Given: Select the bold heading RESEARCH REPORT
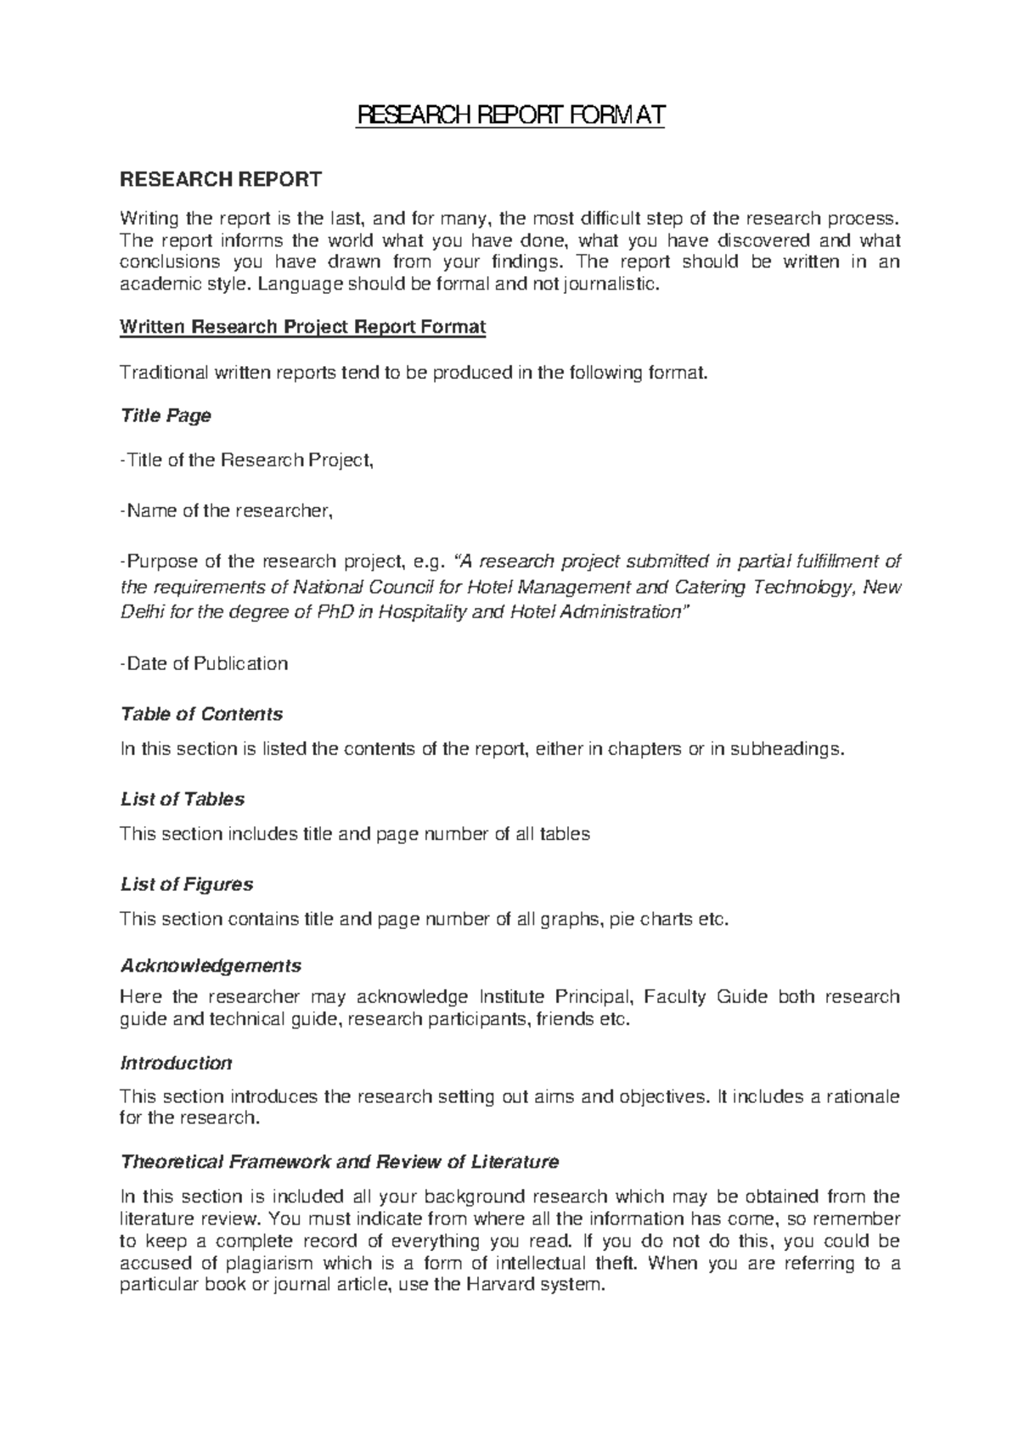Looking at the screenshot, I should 221,179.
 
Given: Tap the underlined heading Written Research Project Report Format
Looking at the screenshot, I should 303,327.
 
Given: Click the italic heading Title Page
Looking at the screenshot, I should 166,415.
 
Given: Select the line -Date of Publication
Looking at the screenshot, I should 204,663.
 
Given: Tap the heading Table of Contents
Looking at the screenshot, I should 201,714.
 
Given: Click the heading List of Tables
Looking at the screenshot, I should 183,799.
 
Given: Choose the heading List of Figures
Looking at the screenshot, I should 187,884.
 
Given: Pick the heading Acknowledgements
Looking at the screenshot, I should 211,966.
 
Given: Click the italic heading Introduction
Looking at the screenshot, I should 176,1063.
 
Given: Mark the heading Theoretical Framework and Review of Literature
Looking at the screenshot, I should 340,1161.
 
